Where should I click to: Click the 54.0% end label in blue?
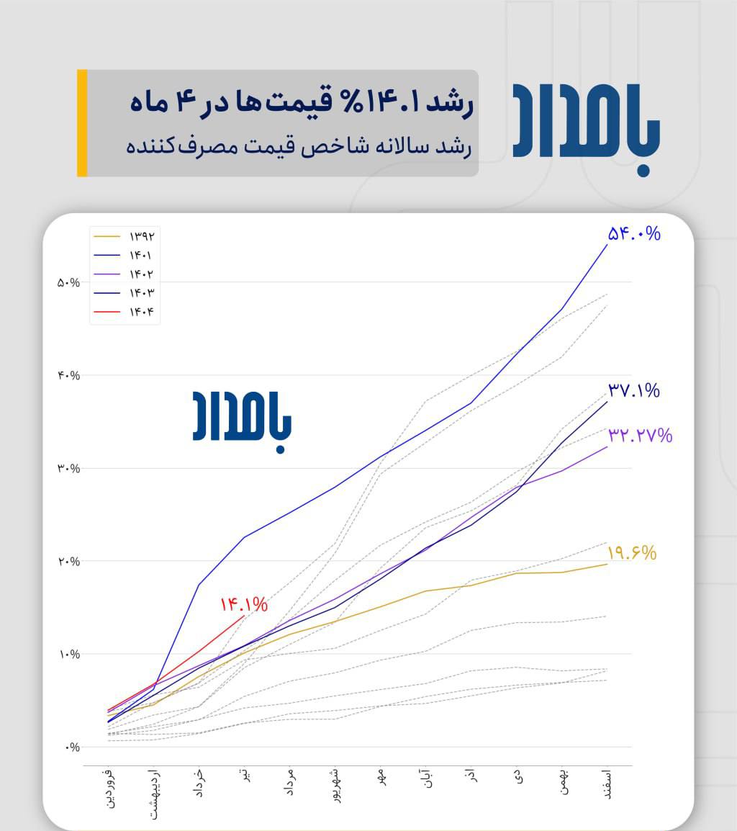634,233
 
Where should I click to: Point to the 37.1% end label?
634,391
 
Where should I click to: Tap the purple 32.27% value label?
640,435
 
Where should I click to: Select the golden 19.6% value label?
632,553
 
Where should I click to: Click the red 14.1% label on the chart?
244,604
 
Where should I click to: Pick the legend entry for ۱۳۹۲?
125,236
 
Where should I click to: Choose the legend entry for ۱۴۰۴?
125,313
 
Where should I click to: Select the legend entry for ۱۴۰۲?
125,274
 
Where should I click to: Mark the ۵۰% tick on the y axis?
68,282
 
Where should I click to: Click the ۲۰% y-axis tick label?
68,562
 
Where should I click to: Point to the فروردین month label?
108,790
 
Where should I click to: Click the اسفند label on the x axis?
606,785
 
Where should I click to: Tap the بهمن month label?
564,782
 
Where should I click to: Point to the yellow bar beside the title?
82,123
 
